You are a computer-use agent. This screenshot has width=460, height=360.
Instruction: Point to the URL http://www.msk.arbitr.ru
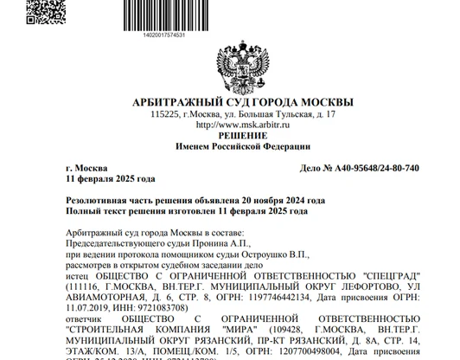pos(229,125)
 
